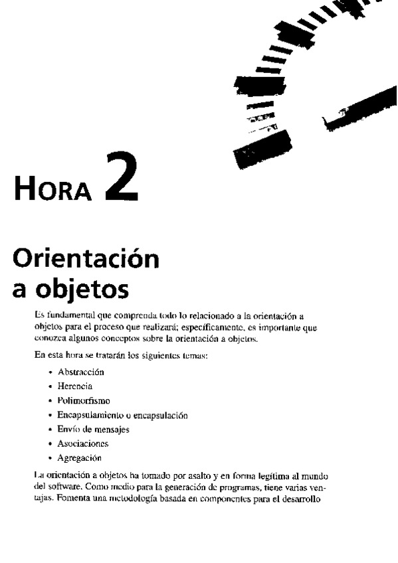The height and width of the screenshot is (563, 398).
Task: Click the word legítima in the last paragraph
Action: pos(264,476)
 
